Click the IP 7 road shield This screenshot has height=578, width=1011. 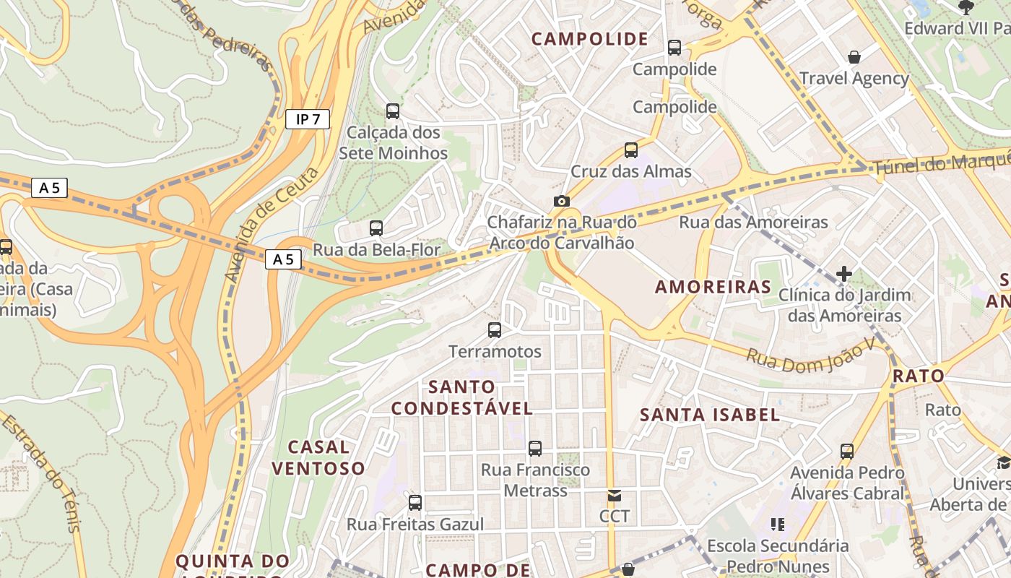(x=308, y=119)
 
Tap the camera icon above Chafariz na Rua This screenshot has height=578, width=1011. (x=561, y=201)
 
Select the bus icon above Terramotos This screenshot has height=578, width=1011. (x=495, y=330)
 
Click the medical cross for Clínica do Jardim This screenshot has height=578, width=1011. (x=843, y=274)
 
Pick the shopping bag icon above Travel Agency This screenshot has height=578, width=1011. (x=854, y=57)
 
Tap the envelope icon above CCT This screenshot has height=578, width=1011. (x=614, y=496)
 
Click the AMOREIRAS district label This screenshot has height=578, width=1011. (x=713, y=287)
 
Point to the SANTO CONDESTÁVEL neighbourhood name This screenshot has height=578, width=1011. (x=462, y=397)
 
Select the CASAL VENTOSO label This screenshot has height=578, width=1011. (x=318, y=457)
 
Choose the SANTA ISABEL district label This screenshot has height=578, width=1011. (x=710, y=415)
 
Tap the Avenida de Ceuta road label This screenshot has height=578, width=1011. (x=271, y=225)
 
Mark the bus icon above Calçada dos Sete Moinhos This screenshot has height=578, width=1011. (x=393, y=111)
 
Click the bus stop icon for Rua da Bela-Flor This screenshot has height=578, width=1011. (x=376, y=228)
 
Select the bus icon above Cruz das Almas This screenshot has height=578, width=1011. (x=631, y=150)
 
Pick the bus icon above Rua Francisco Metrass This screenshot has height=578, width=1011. (x=535, y=449)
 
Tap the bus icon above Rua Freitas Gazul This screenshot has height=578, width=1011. (x=415, y=503)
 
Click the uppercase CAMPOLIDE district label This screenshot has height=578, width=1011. (x=590, y=39)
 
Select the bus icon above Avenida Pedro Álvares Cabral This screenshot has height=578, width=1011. (x=847, y=452)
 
